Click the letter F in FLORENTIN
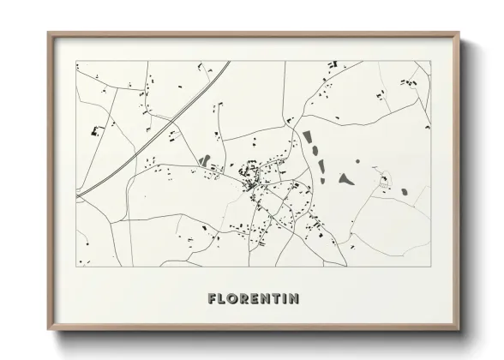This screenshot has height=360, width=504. (x=213, y=299)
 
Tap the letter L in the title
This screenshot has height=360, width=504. (x=225, y=299)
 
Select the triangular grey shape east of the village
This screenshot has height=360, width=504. (x=345, y=179)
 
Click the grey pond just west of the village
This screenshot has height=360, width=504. (x=205, y=159)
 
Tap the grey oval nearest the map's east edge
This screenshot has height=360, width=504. (x=402, y=192)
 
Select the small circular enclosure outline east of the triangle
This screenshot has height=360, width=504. (x=384, y=179)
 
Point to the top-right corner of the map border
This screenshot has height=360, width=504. (x=429, y=62)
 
